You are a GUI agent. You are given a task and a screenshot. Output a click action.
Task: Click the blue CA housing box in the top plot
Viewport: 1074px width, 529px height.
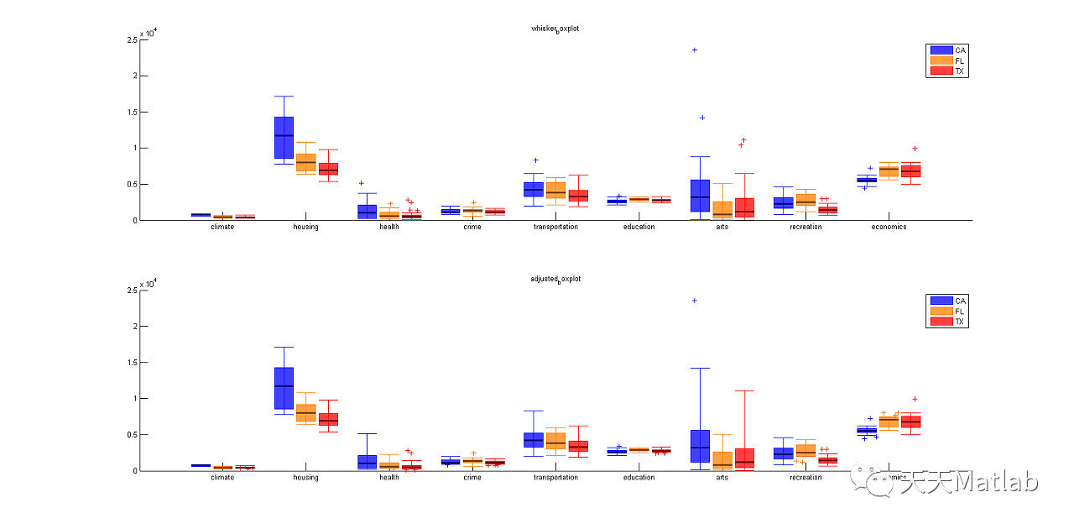tap(284, 137)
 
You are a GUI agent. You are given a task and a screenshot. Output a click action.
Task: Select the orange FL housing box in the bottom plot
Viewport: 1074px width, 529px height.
tap(305, 412)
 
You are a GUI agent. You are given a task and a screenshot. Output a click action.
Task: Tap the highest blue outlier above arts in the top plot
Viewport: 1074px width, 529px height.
tap(694, 50)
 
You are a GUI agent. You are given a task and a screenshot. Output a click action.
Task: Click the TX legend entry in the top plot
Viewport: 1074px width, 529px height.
tap(947, 71)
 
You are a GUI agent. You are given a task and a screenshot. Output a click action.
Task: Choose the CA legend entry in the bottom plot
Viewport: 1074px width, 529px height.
tap(947, 301)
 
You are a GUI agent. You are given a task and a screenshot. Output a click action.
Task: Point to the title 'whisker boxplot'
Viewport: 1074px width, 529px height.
tap(555, 29)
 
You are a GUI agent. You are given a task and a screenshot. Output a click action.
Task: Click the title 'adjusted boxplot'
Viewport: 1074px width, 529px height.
tap(555, 279)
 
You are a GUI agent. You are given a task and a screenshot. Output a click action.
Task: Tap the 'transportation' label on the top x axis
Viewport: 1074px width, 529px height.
tap(555, 227)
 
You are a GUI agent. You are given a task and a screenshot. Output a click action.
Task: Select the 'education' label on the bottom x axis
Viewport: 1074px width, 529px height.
tap(639, 477)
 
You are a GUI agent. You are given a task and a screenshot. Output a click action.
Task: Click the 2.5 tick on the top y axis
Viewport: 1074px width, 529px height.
tap(132, 39)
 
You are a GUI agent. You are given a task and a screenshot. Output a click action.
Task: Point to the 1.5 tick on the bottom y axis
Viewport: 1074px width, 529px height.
tap(132, 362)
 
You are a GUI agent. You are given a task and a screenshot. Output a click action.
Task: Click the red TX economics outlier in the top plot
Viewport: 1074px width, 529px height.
tap(915, 149)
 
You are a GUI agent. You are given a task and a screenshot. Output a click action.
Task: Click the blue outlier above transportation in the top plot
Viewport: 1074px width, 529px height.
tap(535, 160)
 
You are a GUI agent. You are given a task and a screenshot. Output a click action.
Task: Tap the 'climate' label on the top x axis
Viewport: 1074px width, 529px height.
tap(222, 227)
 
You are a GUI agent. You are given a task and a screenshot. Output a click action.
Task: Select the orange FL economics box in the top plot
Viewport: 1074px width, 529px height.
tap(889, 171)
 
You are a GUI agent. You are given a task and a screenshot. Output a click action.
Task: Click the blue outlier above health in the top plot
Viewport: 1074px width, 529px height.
tap(362, 183)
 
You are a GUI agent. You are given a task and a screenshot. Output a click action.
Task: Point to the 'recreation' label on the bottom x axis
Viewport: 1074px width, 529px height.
tap(805, 477)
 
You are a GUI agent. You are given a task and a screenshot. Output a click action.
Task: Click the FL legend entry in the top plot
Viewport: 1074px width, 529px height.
tap(947, 60)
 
